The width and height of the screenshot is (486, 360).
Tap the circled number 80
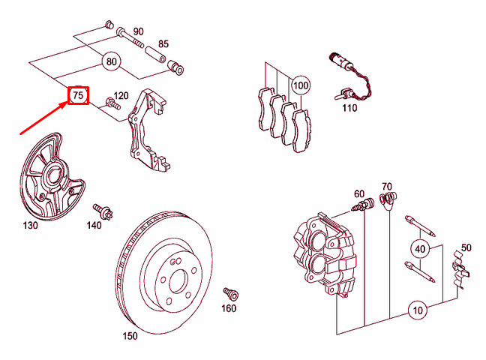[112, 61]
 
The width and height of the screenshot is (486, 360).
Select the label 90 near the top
[138, 31]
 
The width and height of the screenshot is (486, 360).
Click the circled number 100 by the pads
[301, 85]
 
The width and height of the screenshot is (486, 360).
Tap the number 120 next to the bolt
[121, 97]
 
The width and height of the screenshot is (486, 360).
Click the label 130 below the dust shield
[30, 224]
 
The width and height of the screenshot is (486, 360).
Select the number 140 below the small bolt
[93, 224]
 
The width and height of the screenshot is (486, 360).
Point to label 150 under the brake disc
[130, 337]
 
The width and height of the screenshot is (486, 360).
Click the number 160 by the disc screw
[228, 307]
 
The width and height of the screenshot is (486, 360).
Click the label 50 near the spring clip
[466, 247]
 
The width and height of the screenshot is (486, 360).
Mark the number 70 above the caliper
[387, 186]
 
